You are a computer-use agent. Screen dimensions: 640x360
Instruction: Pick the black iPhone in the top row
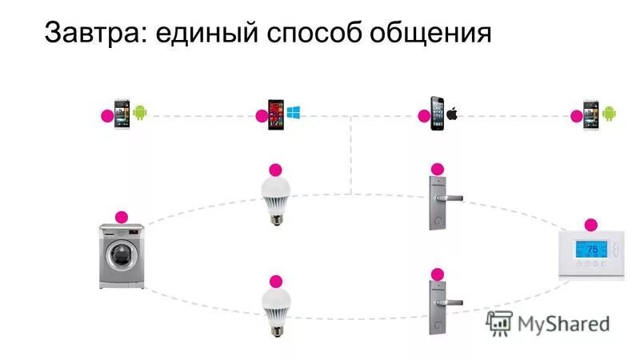(x=437, y=114)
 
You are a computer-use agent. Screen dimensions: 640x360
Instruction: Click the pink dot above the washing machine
(x=122, y=217)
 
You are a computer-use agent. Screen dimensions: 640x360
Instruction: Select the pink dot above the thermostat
(x=591, y=225)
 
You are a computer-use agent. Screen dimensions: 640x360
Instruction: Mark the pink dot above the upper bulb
(x=275, y=170)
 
